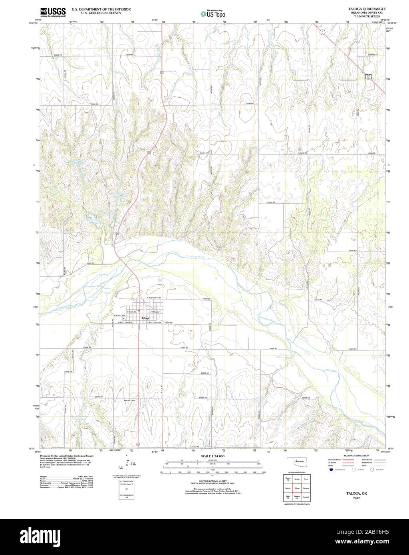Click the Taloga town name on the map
pyautogui.click(x=145, y=318)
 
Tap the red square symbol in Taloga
pyautogui.click(x=138, y=311)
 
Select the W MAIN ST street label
pyautogui.click(x=131, y=311)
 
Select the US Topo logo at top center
pyautogui.click(x=213, y=14)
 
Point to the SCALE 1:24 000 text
pyautogui.click(x=213, y=456)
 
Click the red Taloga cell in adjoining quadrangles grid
pyautogui.click(x=297, y=488)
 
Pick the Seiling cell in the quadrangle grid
pyautogui.click(x=297, y=479)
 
